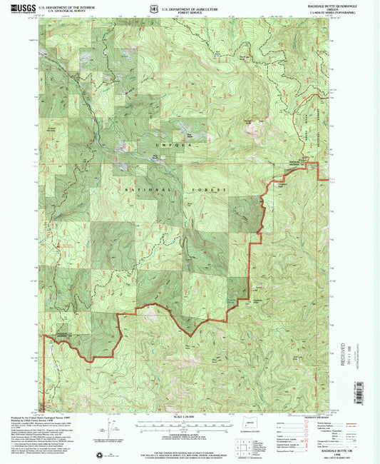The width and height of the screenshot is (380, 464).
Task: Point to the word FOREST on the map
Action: click(x=213, y=190)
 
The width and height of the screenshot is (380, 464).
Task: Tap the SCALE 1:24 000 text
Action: click(x=190, y=417)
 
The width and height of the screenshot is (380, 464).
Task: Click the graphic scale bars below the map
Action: click(x=190, y=425)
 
